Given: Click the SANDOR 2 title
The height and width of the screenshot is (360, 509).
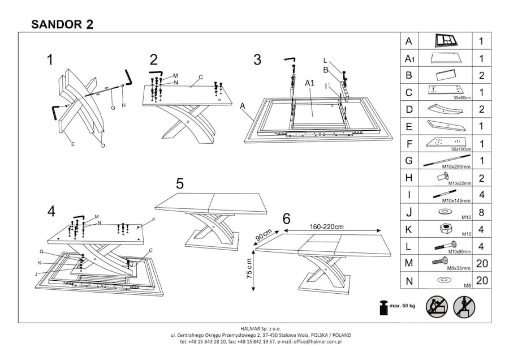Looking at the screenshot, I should coord(62,24).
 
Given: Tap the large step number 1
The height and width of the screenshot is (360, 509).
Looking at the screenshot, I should coord(51,60).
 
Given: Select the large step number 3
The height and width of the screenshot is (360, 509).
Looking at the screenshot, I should coord(257,60).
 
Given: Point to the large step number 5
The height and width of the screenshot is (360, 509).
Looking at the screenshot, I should coord(179,183).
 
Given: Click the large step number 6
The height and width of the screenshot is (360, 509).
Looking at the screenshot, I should coord(286,218).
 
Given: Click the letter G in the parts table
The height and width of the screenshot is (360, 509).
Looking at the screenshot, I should coord(409,160).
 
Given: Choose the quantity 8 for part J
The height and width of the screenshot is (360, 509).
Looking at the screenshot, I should coord(481,212).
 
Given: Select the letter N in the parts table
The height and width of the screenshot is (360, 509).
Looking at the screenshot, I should coord(409,281).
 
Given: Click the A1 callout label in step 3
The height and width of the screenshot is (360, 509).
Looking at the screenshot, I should coord(309,83).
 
